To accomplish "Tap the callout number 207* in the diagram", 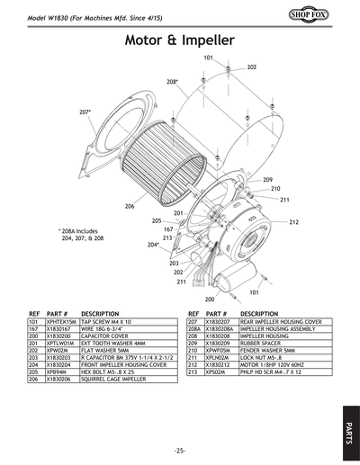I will [85, 112].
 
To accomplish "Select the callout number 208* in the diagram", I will [172, 82].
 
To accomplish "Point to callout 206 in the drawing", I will [130, 207].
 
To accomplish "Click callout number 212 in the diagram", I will [293, 221].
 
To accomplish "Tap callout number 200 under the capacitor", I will [210, 299].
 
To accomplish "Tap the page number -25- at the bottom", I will [180, 450].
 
